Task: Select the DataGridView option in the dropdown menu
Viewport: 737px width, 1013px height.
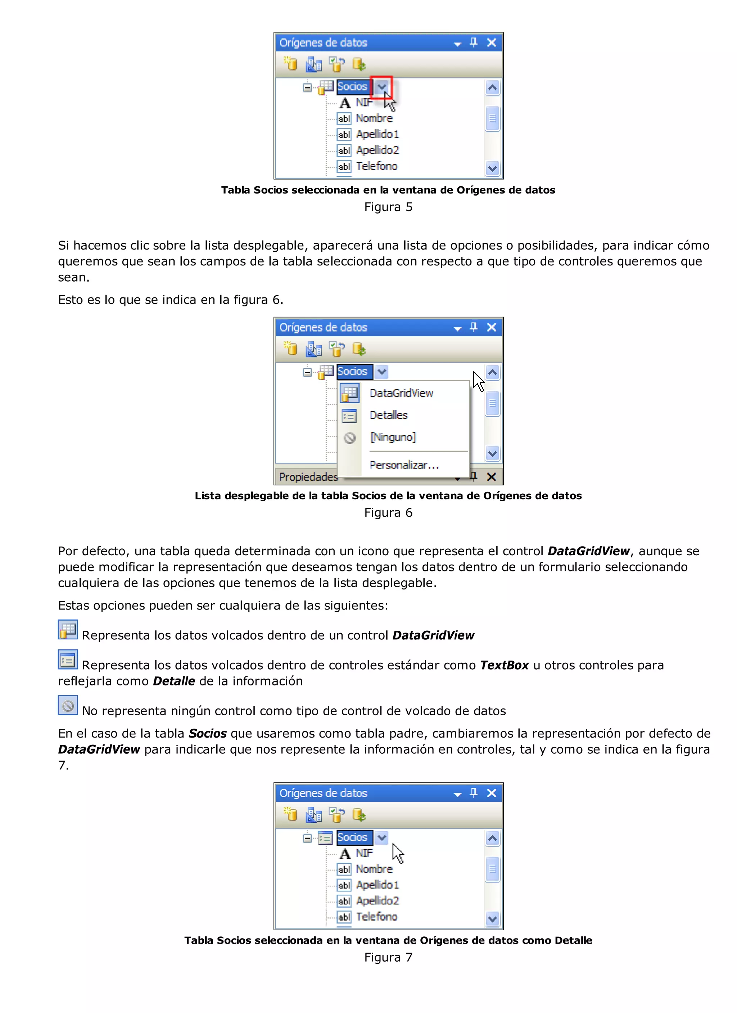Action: [x=401, y=393]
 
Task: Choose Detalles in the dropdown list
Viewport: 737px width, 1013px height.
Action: [x=388, y=415]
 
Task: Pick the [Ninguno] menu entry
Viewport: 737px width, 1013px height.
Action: [x=392, y=437]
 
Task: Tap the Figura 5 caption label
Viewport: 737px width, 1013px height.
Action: [x=388, y=207]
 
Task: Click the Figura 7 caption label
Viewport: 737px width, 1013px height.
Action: [x=388, y=957]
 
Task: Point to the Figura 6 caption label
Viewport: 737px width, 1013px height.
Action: [x=388, y=513]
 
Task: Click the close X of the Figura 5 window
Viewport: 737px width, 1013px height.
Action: [x=491, y=43]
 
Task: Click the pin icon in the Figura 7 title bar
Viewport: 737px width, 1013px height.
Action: [x=474, y=793]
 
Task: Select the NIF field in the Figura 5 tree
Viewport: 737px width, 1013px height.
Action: [x=364, y=103]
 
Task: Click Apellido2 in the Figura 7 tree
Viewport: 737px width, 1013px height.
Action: [x=377, y=900]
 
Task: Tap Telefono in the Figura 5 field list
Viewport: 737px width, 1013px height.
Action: [x=376, y=166]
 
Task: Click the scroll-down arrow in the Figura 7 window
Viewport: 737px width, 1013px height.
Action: [x=492, y=919]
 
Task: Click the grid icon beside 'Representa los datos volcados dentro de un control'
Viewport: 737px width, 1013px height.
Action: [x=68, y=629]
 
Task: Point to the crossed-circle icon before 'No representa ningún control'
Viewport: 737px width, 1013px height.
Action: [x=68, y=705]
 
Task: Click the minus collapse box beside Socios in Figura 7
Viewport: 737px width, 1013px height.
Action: [x=307, y=838]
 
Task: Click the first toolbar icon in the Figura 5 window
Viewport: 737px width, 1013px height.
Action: [x=290, y=64]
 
